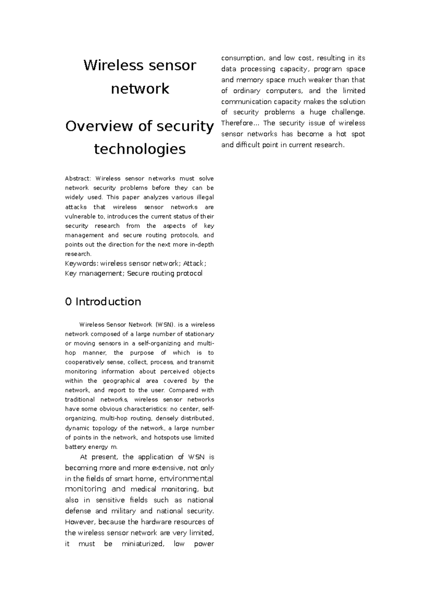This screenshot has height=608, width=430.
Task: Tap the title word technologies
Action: [x=140, y=149]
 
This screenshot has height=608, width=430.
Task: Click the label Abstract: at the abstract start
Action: [x=78, y=179]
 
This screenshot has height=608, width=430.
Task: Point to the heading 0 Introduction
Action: [x=103, y=302]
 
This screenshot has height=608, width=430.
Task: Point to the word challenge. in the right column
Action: [x=348, y=112]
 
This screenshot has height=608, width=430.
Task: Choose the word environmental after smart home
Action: [x=186, y=479]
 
